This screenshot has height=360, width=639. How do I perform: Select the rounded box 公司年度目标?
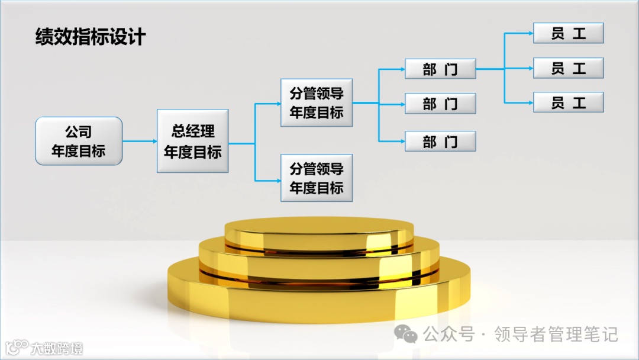(x=79, y=141)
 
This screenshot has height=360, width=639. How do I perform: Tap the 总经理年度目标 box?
(x=193, y=141)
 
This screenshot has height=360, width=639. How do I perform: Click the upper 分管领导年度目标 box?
(x=317, y=102)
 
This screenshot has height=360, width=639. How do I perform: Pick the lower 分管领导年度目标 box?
(x=317, y=178)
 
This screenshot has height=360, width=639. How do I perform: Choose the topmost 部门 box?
(x=440, y=69)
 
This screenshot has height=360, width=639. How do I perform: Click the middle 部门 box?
(x=440, y=104)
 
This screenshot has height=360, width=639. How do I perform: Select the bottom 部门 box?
(x=440, y=142)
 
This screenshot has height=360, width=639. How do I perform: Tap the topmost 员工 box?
(x=568, y=34)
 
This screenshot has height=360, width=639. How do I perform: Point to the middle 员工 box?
(x=568, y=68)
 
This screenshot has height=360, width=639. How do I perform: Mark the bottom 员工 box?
(x=568, y=102)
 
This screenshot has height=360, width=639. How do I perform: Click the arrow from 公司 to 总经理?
(x=140, y=141)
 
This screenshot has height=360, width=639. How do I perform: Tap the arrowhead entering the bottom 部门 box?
(x=402, y=142)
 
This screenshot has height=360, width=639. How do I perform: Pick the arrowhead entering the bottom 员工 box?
(x=530, y=102)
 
